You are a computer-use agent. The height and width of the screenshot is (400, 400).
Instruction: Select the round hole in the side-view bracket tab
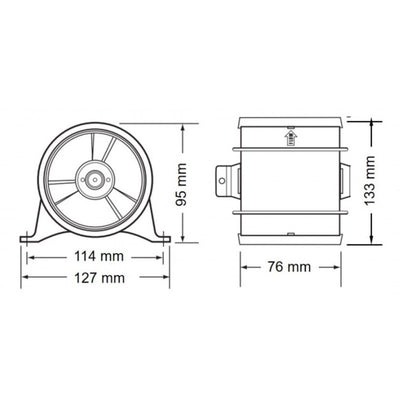[223, 181]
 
